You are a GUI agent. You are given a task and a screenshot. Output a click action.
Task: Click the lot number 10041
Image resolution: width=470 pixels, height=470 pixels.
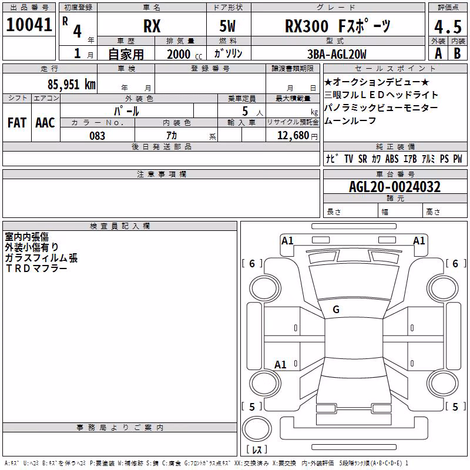(29, 25)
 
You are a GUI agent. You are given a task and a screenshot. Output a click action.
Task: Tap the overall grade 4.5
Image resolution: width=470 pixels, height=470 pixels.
(448, 26)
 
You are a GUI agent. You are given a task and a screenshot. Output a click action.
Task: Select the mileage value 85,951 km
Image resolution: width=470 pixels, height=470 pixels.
(71, 85)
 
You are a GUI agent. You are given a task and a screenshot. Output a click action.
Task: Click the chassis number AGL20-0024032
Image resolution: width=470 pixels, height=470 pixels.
(395, 187)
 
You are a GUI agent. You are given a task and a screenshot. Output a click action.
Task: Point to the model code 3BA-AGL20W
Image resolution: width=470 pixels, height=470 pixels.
(337, 54)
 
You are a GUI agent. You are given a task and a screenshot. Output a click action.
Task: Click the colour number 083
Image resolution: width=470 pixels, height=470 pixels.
(97, 136)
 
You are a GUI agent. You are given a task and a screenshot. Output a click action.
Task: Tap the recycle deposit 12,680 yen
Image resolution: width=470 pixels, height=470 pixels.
(297, 136)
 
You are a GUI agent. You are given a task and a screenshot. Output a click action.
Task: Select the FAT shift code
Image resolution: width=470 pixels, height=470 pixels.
(17, 123)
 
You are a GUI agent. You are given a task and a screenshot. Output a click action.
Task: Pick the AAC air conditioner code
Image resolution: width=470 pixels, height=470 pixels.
(45, 123)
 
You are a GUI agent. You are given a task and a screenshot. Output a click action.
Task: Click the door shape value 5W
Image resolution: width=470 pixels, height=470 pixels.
(227, 26)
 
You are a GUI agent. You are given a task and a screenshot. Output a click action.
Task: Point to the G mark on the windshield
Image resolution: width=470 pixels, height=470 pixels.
(336, 310)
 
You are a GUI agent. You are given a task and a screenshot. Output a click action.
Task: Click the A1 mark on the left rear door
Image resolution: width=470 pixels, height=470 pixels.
(280, 364)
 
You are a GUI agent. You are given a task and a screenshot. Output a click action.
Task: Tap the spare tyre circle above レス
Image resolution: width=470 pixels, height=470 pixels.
(257, 429)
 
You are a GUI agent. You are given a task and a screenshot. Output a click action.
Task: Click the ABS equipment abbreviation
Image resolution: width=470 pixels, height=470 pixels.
(392, 159)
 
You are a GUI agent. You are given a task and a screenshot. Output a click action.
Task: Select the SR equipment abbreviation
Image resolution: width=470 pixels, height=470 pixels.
(362, 159)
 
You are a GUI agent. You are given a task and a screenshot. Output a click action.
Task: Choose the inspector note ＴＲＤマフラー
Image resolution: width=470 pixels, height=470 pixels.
(36, 268)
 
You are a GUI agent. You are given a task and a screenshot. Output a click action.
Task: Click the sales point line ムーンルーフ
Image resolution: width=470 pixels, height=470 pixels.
(350, 120)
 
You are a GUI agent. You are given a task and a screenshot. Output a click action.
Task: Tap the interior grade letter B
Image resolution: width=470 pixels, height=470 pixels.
(457, 53)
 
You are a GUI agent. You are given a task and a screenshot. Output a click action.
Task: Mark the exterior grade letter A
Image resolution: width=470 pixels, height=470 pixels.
(438, 53)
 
